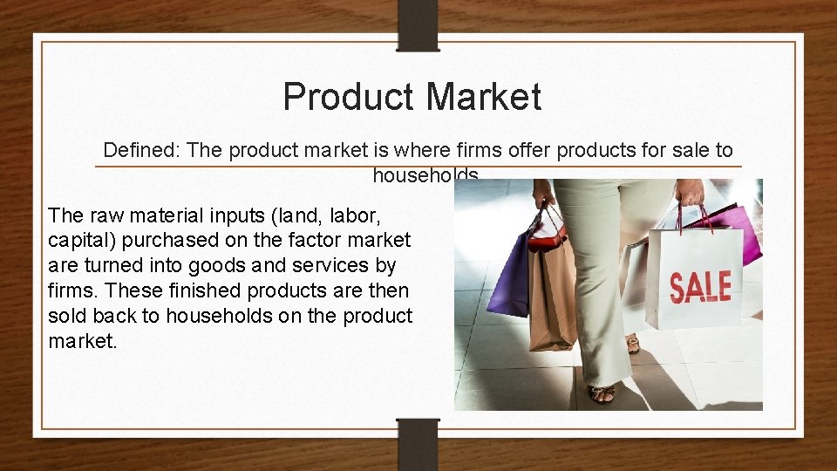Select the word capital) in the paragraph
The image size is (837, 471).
pyautogui.click(x=81, y=240)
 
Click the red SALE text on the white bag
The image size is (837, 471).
pyautogui.click(x=700, y=286)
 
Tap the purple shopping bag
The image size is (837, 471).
pyautogui.click(x=509, y=275)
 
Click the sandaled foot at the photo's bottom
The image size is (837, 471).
pyautogui.click(x=602, y=393)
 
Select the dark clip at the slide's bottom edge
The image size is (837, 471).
pyautogui.click(x=418, y=444)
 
